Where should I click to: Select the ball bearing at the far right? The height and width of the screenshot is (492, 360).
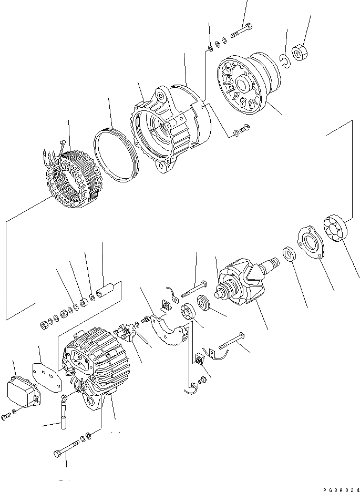(x=337, y=228)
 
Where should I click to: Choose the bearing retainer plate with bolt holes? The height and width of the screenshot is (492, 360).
(x=310, y=242)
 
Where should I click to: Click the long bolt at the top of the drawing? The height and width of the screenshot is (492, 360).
(x=241, y=29)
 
